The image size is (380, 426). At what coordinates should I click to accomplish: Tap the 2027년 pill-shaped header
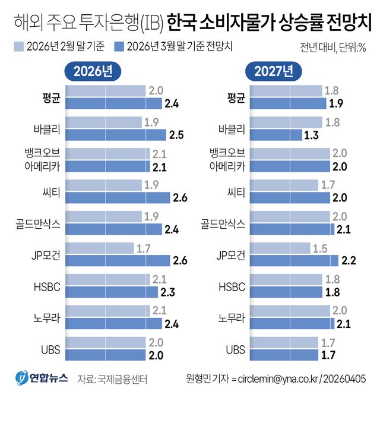274,71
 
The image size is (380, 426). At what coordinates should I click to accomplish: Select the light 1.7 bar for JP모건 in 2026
99,248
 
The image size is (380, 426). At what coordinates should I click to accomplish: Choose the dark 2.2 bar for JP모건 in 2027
290,260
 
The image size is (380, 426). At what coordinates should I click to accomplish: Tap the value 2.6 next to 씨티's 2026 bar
181,198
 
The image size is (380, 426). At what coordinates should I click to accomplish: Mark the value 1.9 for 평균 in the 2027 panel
337,103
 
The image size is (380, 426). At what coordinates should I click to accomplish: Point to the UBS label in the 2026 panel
50,349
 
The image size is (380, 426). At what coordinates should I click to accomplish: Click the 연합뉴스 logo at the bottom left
42,378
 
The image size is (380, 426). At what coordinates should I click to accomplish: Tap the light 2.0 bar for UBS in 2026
105,343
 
